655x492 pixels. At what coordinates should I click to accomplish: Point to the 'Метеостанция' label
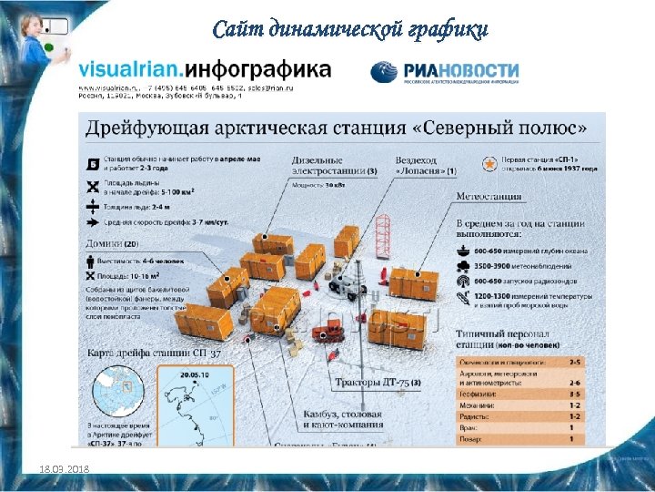tap(489, 196)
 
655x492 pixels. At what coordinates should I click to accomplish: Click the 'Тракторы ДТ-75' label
tap(375, 382)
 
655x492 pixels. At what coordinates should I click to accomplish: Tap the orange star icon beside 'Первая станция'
tap(489, 164)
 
